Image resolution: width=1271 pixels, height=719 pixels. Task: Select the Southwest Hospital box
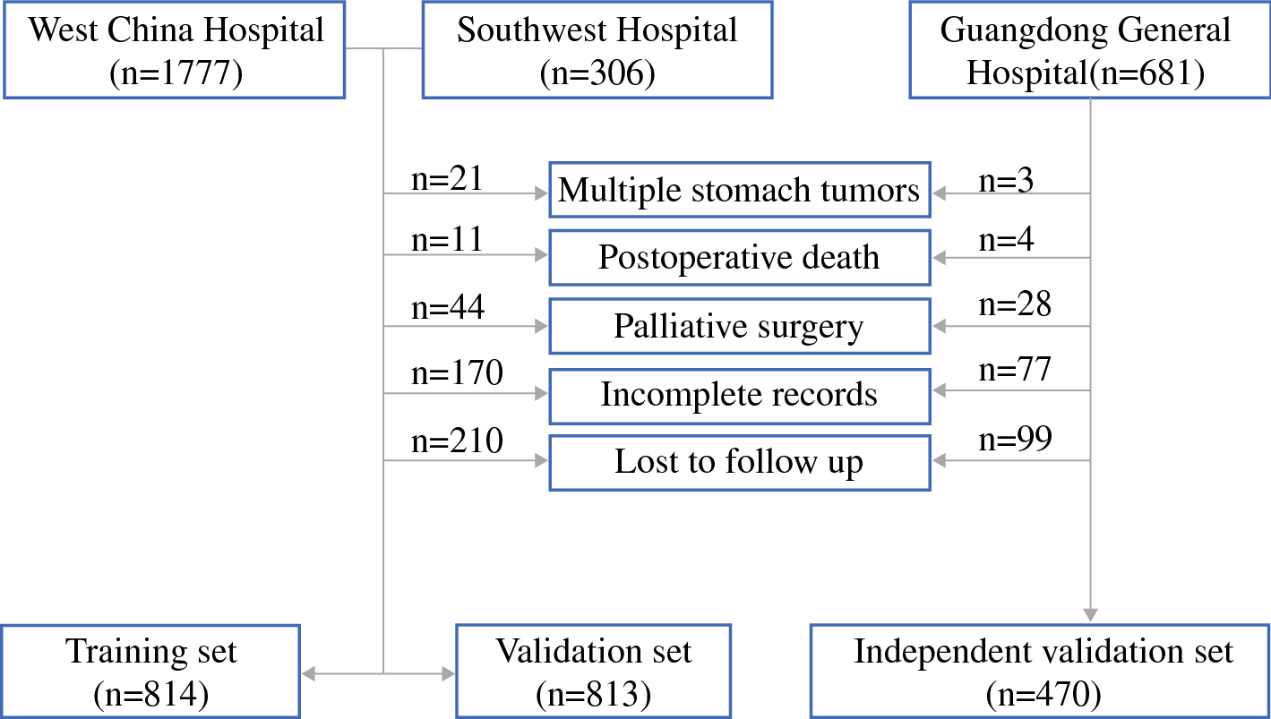(x=597, y=50)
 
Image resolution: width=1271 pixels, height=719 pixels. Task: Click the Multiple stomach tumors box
(x=739, y=190)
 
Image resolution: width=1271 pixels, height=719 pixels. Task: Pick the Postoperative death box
(x=739, y=258)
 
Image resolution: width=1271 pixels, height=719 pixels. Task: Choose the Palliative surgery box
(x=739, y=326)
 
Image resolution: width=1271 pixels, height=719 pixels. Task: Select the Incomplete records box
(x=739, y=394)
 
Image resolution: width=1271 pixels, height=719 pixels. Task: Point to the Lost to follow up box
(x=739, y=462)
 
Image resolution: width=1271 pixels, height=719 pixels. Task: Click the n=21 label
(x=447, y=179)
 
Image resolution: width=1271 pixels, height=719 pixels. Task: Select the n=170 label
(x=457, y=372)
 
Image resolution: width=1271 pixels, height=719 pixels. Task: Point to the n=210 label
(x=457, y=440)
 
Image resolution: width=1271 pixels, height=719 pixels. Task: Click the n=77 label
(x=1015, y=370)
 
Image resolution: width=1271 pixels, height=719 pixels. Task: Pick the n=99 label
(x=1015, y=439)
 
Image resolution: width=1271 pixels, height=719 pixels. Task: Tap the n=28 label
(x=1015, y=304)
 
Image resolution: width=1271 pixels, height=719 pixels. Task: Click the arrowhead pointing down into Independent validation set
(x=1090, y=615)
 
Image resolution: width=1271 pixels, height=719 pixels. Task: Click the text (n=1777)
(x=176, y=73)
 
